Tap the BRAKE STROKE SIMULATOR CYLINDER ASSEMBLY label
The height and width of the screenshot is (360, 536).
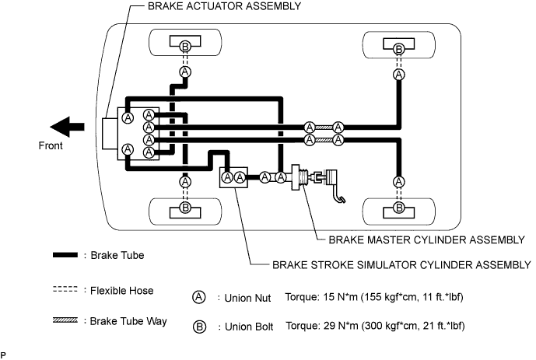(x=401, y=264)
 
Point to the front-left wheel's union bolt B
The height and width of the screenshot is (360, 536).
(x=185, y=47)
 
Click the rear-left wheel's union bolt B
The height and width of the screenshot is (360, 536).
(x=399, y=49)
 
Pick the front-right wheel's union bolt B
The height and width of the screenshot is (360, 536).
(x=185, y=208)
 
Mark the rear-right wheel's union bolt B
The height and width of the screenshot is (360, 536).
(x=399, y=208)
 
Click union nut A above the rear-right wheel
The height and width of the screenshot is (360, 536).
(x=399, y=181)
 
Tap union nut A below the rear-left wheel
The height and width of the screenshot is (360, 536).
(x=399, y=75)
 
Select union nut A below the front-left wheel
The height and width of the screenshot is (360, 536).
(x=185, y=72)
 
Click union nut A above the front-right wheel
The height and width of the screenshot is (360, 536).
(x=185, y=181)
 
